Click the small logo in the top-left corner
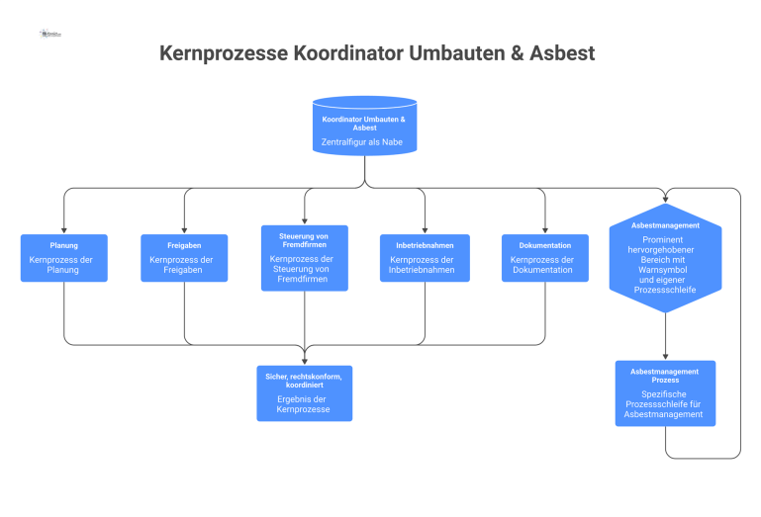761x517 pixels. pos(50,34)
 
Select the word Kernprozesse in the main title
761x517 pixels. pos(223,52)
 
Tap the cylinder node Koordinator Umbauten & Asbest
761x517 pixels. pos(364,127)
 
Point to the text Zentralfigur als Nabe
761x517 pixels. pos(364,142)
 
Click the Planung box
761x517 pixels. pos(64,258)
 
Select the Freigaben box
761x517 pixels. pos(184,258)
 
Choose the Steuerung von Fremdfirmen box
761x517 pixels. pos(305,258)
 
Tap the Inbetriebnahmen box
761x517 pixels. pos(425,258)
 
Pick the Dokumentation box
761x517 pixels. pos(544,258)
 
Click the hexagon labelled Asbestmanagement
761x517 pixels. pos(665,259)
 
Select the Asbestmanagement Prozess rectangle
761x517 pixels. pos(665,392)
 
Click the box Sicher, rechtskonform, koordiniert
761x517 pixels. pos(305,393)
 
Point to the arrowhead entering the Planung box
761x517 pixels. pos(64,229)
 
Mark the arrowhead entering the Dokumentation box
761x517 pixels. pos(544,229)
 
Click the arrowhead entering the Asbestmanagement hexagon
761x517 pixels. pos(665,201)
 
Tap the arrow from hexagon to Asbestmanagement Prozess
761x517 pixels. pos(665,337)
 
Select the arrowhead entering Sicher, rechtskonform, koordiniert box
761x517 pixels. pos(305,360)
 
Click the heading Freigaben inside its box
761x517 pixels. pos(184,245)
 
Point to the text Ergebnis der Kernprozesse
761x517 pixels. pos(305,403)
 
